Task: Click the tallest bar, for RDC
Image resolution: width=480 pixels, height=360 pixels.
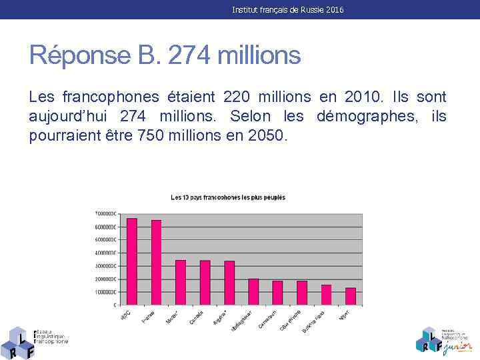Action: pyautogui.click(x=132, y=261)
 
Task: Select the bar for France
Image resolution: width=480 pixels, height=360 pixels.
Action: pyautogui.click(x=156, y=263)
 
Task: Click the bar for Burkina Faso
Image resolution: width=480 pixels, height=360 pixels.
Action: pyautogui.click(x=326, y=295)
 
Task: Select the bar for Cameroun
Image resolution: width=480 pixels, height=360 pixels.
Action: pyautogui.click(x=277, y=293)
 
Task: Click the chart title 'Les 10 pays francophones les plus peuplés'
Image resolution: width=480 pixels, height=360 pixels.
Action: pyautogui.click(x=228, y=197)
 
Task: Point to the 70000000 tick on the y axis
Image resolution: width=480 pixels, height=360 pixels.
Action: pyautogui.click(x=105, y=213)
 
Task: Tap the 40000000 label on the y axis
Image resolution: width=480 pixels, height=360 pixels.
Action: pyautogui.click(x=105, y=253)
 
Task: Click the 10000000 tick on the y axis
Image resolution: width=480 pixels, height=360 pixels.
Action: pyautogui.click(x=105, y=292)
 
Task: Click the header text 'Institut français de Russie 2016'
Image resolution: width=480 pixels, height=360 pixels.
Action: pyautogui.click(x=288, y=10)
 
